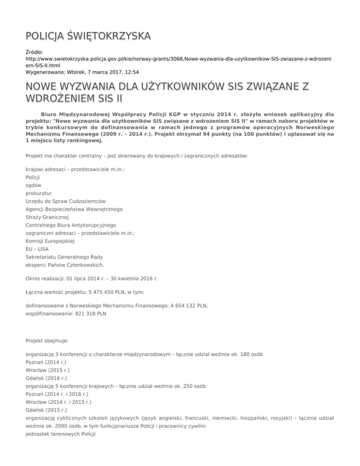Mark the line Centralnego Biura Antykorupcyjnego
71,225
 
